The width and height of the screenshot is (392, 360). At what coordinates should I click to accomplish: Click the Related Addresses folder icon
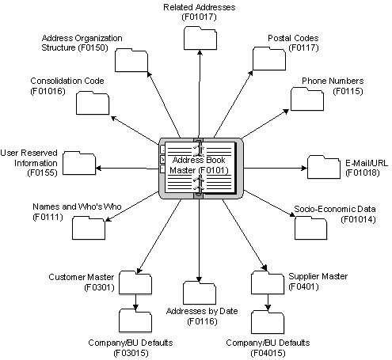coord(200,37)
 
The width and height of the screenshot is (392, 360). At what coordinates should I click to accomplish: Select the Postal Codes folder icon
coord(268,59)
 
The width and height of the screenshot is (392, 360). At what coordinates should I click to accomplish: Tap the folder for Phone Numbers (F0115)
coord(306,98)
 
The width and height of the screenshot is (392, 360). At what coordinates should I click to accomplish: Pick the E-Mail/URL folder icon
coord(323,167)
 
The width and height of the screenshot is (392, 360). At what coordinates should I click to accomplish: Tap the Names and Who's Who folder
coord(88,228)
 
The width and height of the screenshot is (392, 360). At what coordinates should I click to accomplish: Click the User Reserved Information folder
coord(78,163)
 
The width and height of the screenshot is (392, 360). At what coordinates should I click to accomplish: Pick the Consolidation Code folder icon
coord(93,103)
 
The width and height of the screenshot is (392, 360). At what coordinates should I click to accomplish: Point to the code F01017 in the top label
coord(198,15)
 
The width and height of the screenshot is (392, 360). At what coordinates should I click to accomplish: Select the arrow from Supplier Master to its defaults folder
coord(268,301)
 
